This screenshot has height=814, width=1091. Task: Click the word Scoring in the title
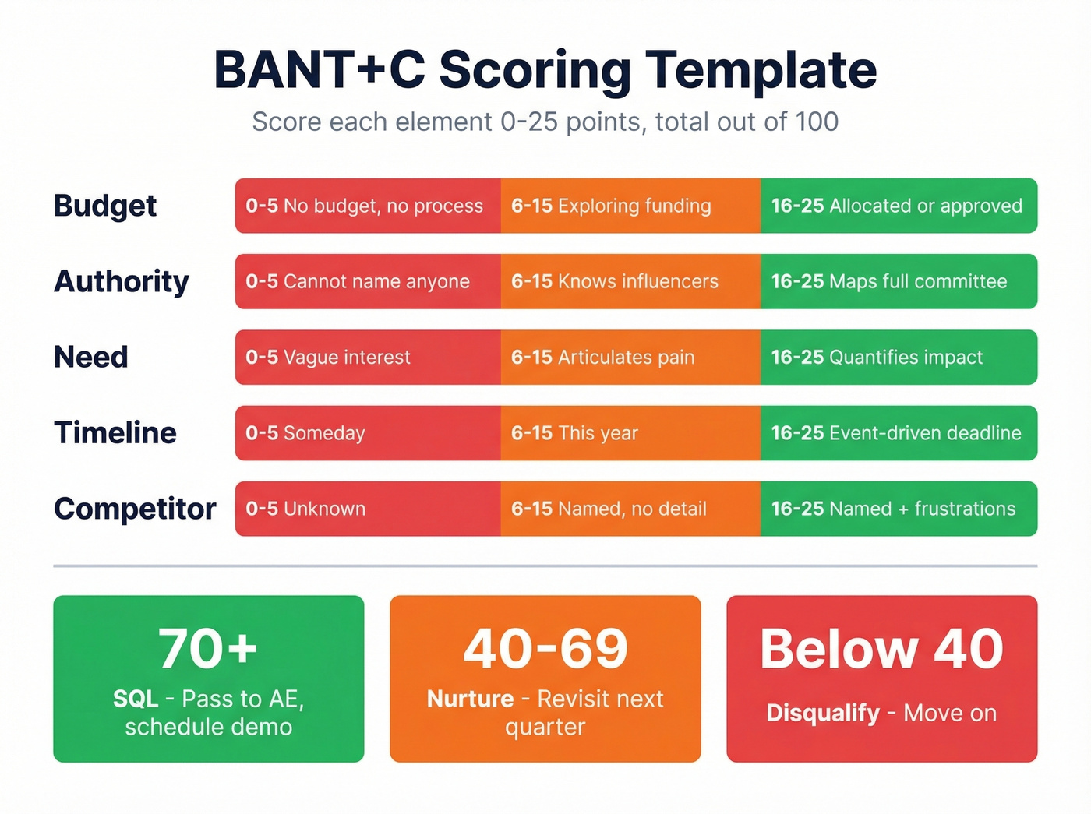coord(535,70)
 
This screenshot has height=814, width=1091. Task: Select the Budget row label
coord(105,206)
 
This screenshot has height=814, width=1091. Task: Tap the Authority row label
coord(122,281)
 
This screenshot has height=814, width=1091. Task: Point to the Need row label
coord(91,357)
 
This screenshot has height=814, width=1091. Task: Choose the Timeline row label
coord(115,432)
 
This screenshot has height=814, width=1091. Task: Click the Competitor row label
coord(135,509)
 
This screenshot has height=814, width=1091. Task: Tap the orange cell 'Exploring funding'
coord(630,206)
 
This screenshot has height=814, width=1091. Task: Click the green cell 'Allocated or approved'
coord(898,206)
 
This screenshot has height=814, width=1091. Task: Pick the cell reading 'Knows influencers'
coord(630,281)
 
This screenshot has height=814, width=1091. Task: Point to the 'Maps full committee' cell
coord(898,281)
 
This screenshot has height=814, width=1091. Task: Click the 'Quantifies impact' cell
coord(898,357)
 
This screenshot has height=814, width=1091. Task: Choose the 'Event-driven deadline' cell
coord(898,432)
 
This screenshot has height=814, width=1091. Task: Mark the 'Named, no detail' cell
coord(630,509)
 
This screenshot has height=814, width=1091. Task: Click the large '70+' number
coord(208,648)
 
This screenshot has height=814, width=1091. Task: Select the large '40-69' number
coord(545,648)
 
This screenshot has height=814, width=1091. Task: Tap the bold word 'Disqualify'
coord(823,713)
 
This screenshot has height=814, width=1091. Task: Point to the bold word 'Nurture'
coord(470,699)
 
